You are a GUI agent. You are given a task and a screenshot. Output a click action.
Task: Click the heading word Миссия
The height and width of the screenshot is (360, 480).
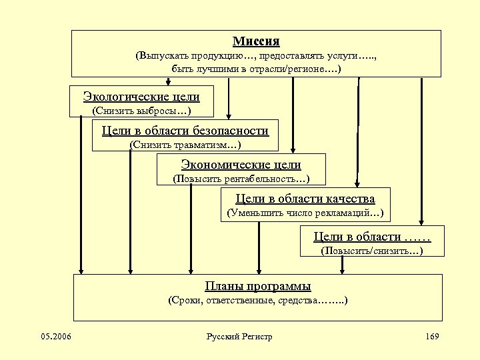click(x=256, y=41)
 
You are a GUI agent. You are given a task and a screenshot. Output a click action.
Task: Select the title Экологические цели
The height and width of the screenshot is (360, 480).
click(x=141, y=97)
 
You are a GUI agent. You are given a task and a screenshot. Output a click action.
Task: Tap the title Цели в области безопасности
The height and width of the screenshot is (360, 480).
click(x=185, y=131)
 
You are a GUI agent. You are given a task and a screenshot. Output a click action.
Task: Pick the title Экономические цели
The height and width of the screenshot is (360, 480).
click(x=241, y=165)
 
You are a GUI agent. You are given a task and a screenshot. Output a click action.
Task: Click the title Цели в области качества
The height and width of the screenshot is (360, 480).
click(x=305, y=199)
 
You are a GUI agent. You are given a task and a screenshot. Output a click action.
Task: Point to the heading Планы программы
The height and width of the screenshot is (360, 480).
click(x=257, y=287)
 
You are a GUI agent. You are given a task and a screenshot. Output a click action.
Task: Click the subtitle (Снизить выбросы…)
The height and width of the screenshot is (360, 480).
click(x=141, y=110)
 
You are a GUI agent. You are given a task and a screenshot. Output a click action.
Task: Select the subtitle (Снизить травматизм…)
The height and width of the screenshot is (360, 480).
click(x=185, y=144)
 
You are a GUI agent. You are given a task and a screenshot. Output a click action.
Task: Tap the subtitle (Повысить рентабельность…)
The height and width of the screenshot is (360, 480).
click(x=241, y=179)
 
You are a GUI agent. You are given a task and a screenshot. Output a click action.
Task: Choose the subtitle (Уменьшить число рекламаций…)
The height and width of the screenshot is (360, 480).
click(x=305, y=213)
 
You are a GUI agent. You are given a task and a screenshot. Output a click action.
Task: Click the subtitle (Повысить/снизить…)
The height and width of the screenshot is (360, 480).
click(x=372, y=251)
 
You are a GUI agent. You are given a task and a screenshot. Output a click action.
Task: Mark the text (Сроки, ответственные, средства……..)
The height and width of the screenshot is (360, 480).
click(x=257, y=301)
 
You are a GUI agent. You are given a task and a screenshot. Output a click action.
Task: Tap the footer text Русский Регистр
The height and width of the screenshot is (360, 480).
click(x=239, y=337)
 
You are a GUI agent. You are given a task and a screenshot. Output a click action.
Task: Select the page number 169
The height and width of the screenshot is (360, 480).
click(x=431, y=336)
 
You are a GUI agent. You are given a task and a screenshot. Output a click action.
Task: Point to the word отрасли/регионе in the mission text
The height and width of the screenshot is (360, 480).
click(x=294, y=69)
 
